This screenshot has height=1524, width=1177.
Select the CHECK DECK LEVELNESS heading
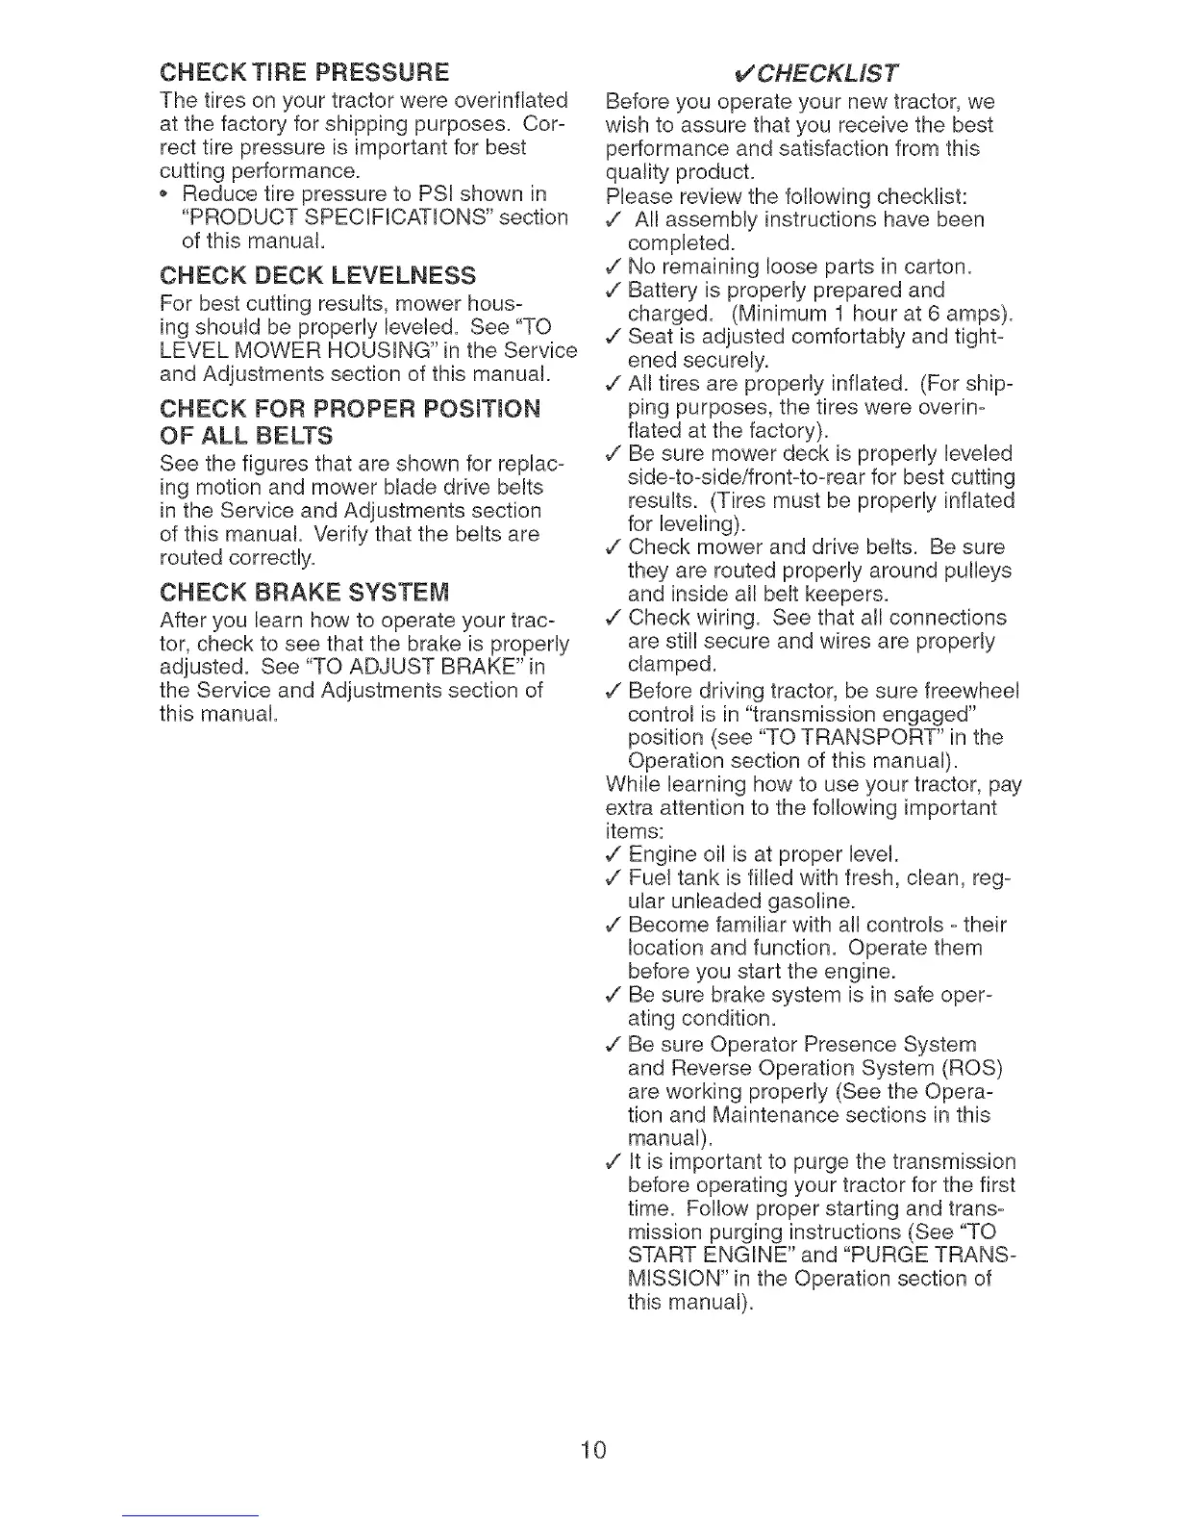317,276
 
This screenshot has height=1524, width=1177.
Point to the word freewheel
970,691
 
